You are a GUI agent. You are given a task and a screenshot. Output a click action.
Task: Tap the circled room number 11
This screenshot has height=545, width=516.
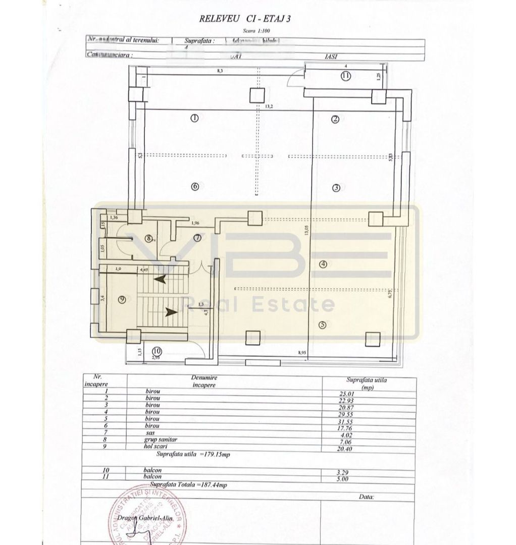[x=345, y=76]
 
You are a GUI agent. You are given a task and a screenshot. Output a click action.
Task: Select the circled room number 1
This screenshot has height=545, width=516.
[x=194, y=118]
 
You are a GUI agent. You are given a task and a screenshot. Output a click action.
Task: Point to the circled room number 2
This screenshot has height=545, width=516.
[x=334, y=119]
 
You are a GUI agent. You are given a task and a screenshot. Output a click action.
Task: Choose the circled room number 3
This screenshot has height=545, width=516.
[x=336, y=188]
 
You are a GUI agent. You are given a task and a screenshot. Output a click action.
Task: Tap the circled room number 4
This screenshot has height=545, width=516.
[x=323, y=263]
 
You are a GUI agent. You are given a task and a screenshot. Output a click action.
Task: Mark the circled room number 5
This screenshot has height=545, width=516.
[x=323, y=324]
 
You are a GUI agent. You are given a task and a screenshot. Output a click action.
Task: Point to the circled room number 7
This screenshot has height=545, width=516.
[x=197, y=237]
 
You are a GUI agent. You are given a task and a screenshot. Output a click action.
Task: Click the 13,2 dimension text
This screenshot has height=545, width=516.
[x=269, y=106]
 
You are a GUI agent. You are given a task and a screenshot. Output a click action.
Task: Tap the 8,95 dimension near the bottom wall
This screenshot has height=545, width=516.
[x=302, y=353]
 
